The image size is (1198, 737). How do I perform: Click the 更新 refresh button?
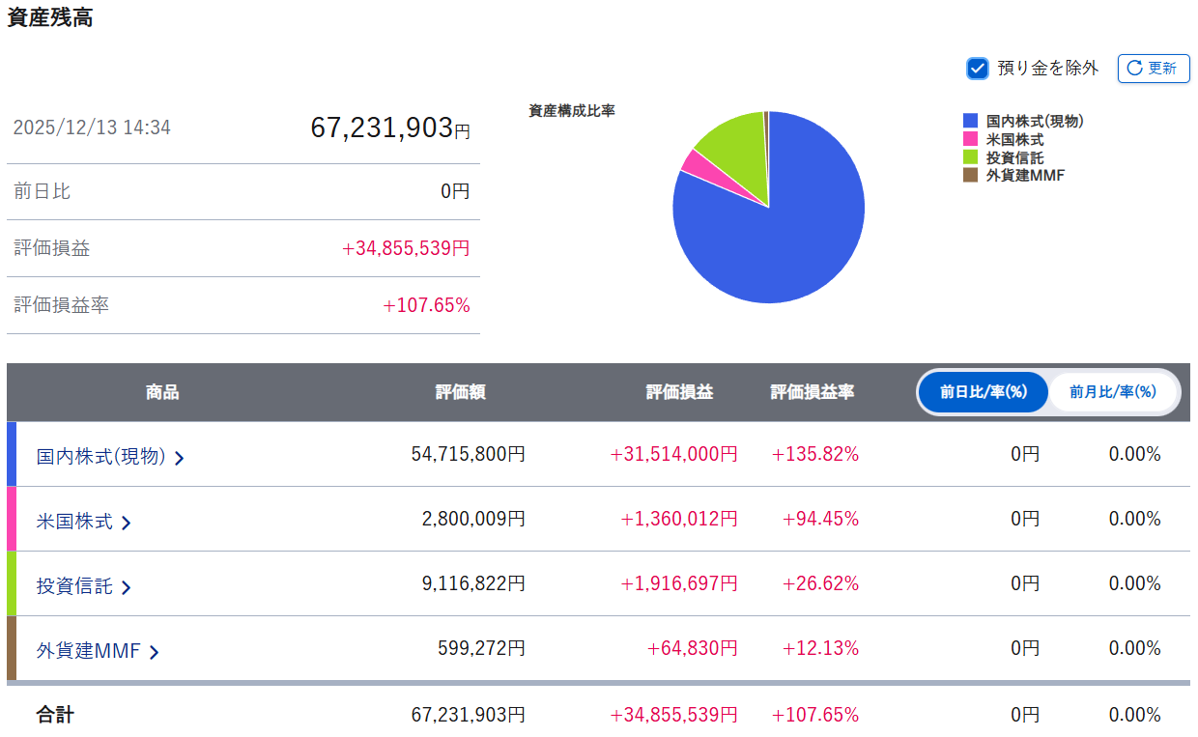coord(1154,69)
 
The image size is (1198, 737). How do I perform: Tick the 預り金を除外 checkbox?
coord(978,69)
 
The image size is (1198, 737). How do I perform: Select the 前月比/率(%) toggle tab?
coord(1112,392)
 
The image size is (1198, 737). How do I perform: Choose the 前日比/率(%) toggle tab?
coord(982,392)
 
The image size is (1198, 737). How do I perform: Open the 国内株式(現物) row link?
coord(109,456)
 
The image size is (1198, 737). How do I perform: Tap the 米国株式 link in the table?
coord(83,522)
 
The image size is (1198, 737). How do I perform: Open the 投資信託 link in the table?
coord(83,586)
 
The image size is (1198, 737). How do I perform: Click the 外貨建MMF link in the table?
coord(97,651)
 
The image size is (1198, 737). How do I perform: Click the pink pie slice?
coord(692,162)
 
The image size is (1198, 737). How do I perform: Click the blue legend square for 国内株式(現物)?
coord(971,122)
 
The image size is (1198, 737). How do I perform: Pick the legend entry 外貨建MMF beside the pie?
coord(1024,176)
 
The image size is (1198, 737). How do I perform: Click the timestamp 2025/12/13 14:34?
coord(92,128)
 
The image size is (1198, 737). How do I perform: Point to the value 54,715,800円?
coord(468,454)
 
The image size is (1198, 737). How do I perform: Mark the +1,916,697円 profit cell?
coord(678,583)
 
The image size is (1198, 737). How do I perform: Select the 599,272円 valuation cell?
coord(486,648)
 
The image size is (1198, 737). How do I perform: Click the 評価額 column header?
coord(460,392)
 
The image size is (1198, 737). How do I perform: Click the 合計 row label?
coord(55,715)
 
